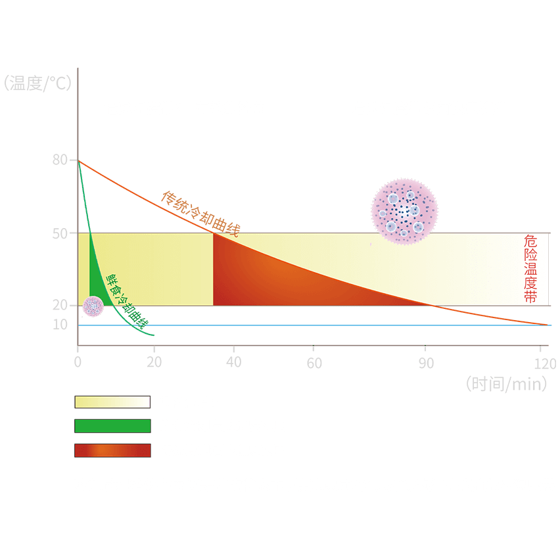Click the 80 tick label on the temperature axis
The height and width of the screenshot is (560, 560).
(x=60, y=160)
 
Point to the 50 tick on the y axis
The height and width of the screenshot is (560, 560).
(x=60, y=233)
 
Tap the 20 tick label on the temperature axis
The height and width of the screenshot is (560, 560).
(x=60, y=305)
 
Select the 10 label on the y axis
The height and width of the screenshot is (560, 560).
(x=60, y=325)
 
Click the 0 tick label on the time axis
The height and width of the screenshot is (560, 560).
(x=78, y=362)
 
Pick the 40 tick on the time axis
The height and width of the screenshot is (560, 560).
(x=233, y=362)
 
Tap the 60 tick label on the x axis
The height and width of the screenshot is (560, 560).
(x=314, y=362)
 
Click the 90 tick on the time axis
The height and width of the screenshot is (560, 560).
(x=427, y=362)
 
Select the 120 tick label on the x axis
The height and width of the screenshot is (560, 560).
(x=545, y=362)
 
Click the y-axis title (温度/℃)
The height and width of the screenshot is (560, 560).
(x=37, y=84)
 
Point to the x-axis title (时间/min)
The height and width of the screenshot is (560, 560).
(x=506, y=384)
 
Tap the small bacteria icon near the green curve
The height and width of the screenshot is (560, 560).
(x=93, y=306)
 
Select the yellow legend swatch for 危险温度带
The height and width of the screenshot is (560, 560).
(x=112, y=402)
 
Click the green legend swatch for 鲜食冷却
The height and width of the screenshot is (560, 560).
(x=112, y=426)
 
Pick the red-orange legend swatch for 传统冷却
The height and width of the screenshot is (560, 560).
(x=112, y=450)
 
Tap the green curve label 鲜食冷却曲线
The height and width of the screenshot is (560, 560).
(x=128, y=300)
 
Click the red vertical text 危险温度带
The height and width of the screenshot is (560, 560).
(x=530, y=269)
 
